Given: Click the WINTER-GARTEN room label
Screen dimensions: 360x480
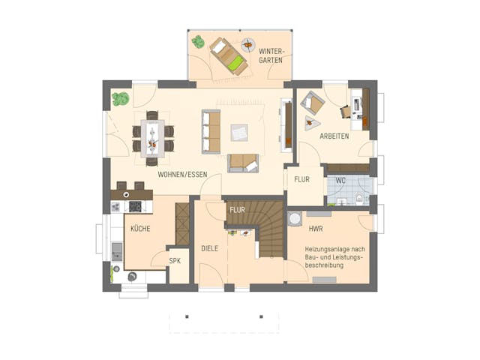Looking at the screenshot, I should [270, 56].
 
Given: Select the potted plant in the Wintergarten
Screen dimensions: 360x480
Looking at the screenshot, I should [198, 42].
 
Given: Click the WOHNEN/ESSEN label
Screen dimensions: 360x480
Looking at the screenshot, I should [182, 174].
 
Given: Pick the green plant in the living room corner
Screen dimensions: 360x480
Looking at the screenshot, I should [119, 98].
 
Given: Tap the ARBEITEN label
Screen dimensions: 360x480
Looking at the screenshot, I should [334, 137].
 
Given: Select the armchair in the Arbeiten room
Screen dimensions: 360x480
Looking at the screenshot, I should [313, 105].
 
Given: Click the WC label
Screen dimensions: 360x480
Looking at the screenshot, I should [340, 180].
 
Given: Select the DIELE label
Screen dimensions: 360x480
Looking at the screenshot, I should [209, 248].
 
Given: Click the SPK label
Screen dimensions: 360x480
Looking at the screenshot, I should [174, 260].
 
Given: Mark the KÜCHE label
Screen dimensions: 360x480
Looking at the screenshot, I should [140, 228].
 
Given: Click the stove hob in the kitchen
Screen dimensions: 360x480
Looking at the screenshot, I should [136, 206].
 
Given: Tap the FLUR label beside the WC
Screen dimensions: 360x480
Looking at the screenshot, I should [301, 180].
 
